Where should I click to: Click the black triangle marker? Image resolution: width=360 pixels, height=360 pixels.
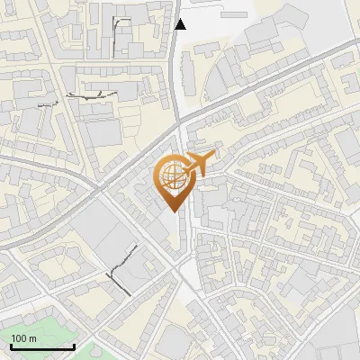point(181,24)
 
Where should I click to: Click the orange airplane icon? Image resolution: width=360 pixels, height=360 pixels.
point(200,163)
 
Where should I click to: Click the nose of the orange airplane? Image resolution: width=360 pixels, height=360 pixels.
point(214,157)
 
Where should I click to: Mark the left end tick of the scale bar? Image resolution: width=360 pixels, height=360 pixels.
point(11,346)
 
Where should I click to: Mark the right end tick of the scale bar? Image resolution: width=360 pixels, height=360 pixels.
point(74,346)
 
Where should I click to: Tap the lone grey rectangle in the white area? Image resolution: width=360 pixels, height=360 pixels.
point(233,15)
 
